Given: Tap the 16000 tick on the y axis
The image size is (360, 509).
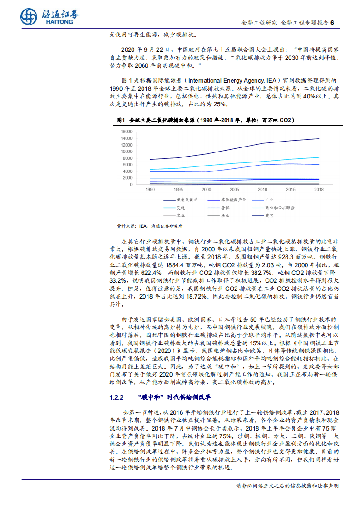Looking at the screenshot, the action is tap(127, 132).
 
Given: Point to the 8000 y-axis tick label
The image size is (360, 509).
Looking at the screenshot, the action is tap(128, 158).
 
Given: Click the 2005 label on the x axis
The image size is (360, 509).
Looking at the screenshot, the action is tap(234, 189).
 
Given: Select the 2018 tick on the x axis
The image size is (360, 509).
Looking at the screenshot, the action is tap(319, 189).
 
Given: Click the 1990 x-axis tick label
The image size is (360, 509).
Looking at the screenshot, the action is tap(150, 189).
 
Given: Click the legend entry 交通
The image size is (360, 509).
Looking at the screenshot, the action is tap(181, 207).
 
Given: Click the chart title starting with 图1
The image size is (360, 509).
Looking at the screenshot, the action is tap(205, 120).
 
